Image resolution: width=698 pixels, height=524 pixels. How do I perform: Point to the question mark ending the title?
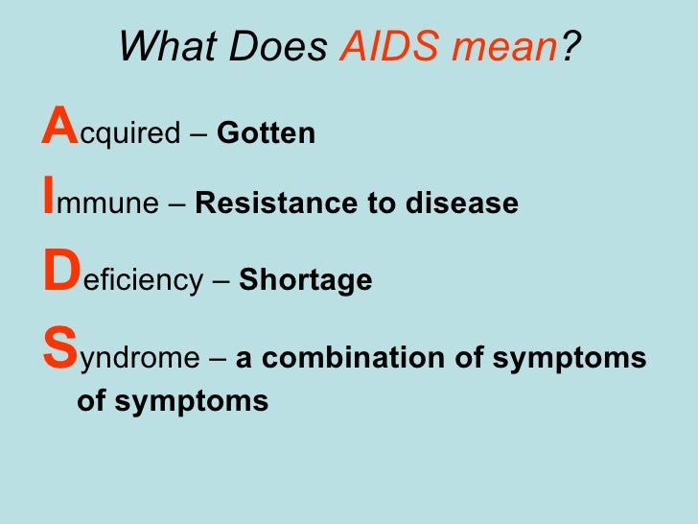coord(571,47)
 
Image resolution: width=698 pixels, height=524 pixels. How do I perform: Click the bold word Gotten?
coord(267,134)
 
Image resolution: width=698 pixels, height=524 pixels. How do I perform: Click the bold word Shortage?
coord(305,281)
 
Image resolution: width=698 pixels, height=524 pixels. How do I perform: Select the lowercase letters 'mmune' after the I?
coord(105,204)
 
